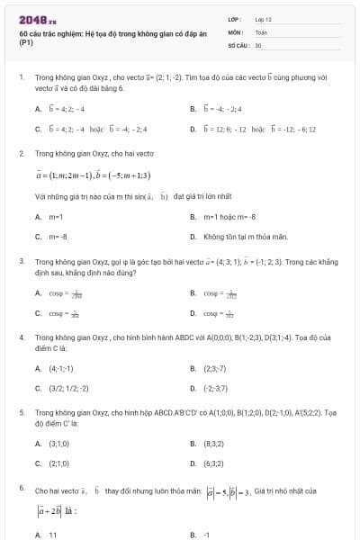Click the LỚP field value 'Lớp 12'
(264, 19)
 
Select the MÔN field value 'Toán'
(261, 31)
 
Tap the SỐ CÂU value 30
(258, 44)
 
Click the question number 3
(22, 261)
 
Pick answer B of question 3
(220, 293)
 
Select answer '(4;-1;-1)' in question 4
(61, 368)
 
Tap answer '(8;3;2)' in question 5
(215, 444)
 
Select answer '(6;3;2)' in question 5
(215, 463)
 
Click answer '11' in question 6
(53, 535)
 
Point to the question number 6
(22, 487)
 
